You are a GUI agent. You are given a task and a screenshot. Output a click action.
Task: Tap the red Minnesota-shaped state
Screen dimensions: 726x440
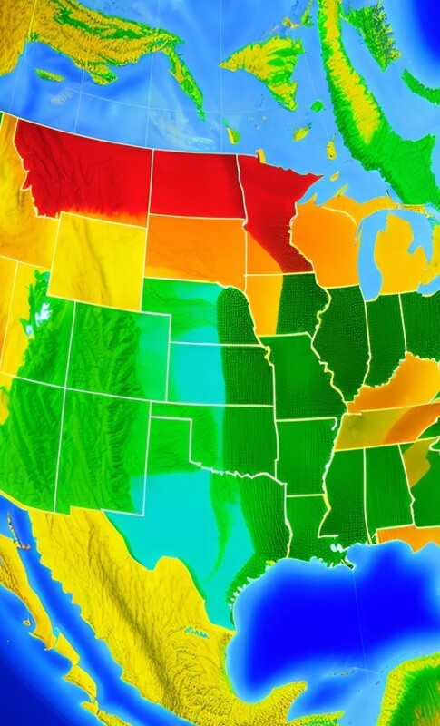coord(272,209)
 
